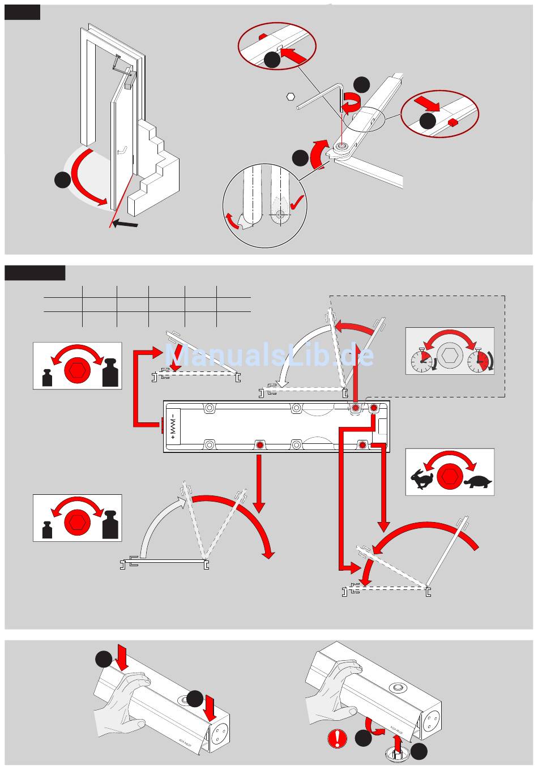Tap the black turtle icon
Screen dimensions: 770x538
click(478, 482)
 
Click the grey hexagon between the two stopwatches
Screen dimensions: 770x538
click(450, 356)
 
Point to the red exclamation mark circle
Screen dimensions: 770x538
click(337, 738)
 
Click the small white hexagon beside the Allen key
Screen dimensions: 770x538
click(291, 96)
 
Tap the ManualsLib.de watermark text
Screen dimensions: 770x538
click(269, 356)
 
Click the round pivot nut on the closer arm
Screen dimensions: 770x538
click(341, 147)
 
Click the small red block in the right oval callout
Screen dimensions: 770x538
click(452, 122)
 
